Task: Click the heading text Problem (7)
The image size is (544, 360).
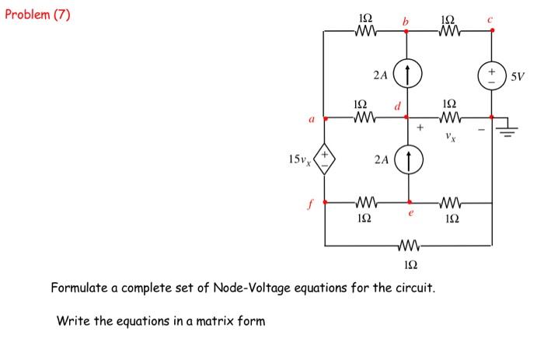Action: tap(37, 14)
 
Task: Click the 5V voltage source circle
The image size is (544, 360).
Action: tap(491, 76)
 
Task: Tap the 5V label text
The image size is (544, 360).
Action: tap(518, 76)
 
